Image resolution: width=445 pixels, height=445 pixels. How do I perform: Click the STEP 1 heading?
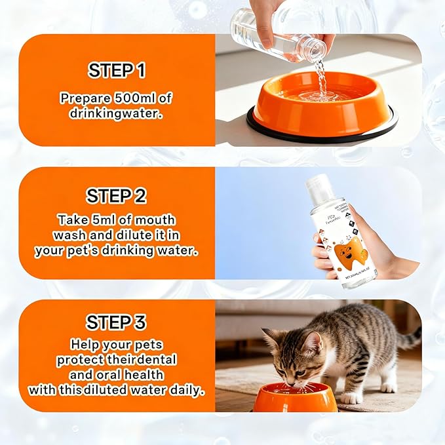tap(117, 70)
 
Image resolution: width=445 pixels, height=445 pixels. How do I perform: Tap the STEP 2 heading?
tap(117, 196)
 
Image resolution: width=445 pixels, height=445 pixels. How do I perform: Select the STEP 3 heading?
tap(117, 322)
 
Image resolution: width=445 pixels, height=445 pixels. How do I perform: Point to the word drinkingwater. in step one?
tap(116, 113)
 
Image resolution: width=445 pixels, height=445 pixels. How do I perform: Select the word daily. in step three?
tap(185, 390)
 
